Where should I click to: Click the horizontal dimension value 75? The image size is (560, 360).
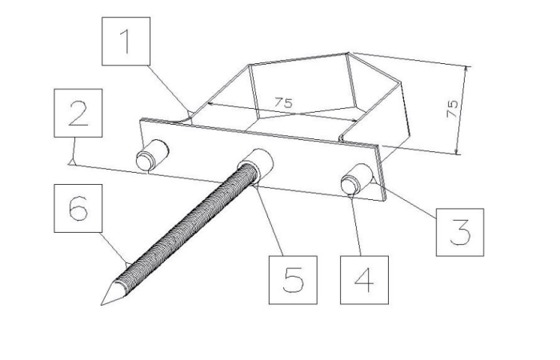tap(283, 103)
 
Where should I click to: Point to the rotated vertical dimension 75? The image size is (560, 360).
tap(452, 109)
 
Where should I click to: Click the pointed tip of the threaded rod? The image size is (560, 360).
tap(102, 305)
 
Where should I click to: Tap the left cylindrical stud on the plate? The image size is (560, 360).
tap(152, 155)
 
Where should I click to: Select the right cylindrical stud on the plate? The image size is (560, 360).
tap(357, 178)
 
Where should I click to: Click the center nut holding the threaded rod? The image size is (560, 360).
tap(255, 165)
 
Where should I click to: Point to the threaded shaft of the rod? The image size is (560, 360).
tap(186, 229)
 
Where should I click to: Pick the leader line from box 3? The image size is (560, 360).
tap(405, 199)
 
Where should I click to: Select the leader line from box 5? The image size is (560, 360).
tap(270, 220)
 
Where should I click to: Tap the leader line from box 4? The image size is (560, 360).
tap(357, 224)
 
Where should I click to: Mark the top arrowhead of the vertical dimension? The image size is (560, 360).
tap(466, 70)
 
